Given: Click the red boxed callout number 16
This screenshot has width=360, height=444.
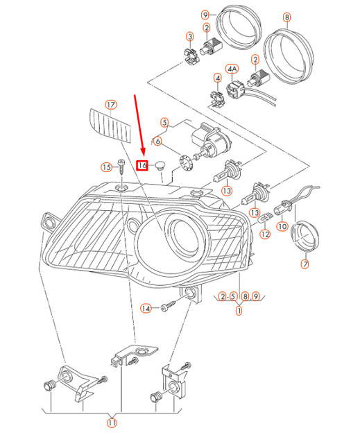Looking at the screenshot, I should point(143,165).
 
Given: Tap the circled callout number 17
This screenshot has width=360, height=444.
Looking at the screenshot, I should point(111,105).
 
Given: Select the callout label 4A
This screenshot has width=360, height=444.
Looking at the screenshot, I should point(232,69).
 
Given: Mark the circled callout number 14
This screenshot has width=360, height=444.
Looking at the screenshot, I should point(146,307).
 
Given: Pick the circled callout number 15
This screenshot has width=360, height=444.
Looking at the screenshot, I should point(106,167).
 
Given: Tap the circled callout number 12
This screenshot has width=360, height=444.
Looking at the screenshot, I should point(264,234).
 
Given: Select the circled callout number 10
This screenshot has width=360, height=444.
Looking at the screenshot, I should point(282,226).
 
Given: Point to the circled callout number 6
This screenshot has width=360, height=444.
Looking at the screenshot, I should point(157,142).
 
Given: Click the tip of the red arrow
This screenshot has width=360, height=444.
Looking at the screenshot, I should point(144,157).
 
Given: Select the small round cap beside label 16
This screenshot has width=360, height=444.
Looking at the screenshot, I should point(161,166).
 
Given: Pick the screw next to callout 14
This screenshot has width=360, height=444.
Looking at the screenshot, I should point(166,305).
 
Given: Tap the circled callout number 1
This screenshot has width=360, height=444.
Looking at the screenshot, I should point(239,310).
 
